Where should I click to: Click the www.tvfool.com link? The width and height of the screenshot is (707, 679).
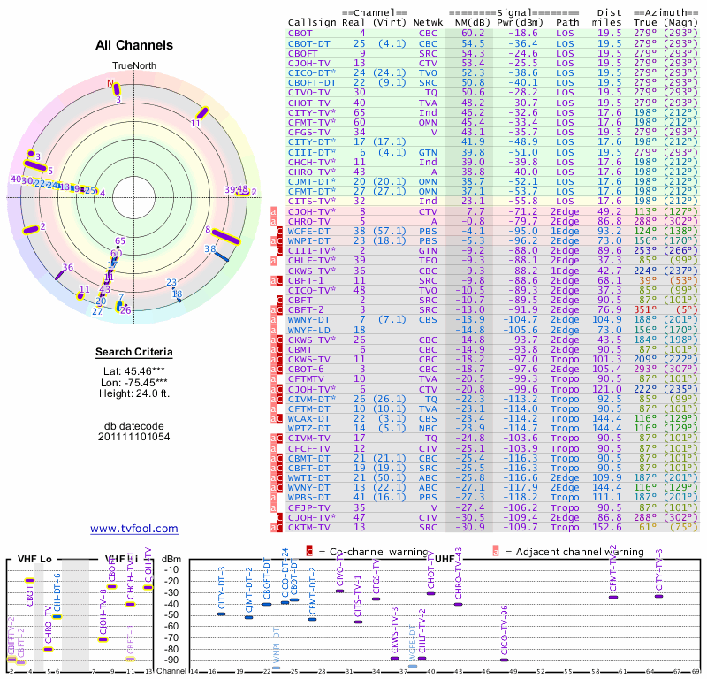pos(133,529)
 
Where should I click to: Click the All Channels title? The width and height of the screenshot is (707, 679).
pos(133,44)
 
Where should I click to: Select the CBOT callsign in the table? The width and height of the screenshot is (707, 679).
pos(300,33)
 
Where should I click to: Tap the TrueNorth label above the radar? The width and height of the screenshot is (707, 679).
pos(133,66)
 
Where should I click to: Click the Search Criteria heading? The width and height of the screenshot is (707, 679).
pos(133,353)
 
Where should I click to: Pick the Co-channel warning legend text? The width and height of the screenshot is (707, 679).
pos(368,552)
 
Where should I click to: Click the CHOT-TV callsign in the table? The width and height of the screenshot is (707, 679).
pos(308,102)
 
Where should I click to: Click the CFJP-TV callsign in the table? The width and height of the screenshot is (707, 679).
pos(308,507)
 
